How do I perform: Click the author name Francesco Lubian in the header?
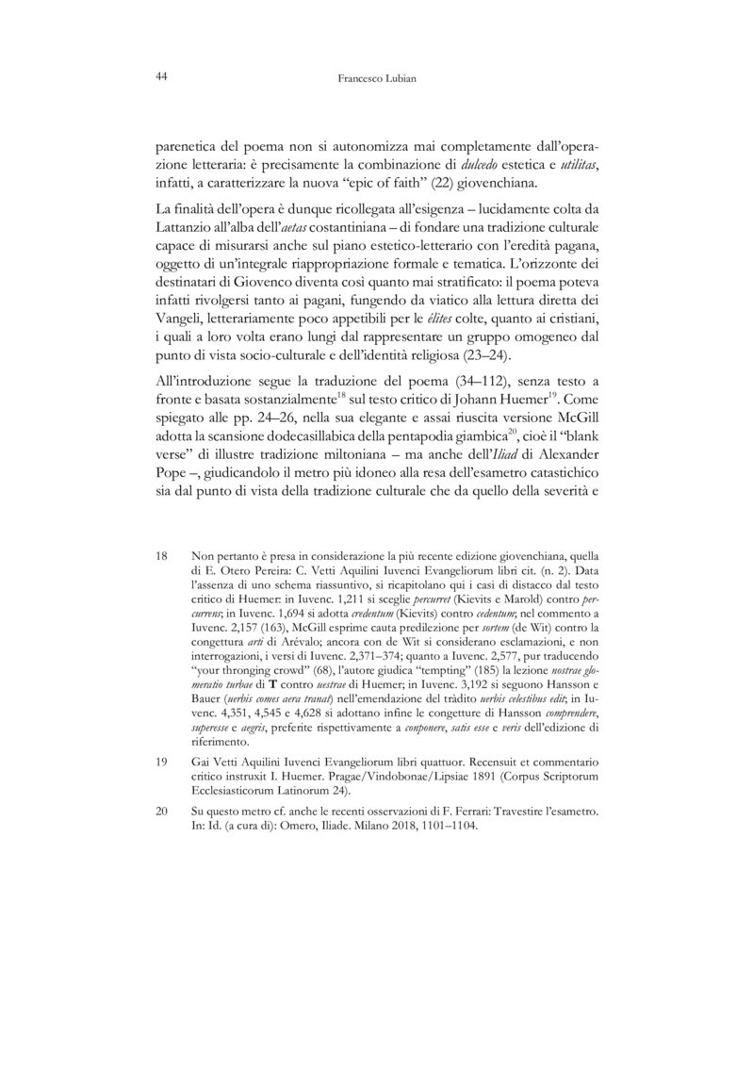coord(376,81)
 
